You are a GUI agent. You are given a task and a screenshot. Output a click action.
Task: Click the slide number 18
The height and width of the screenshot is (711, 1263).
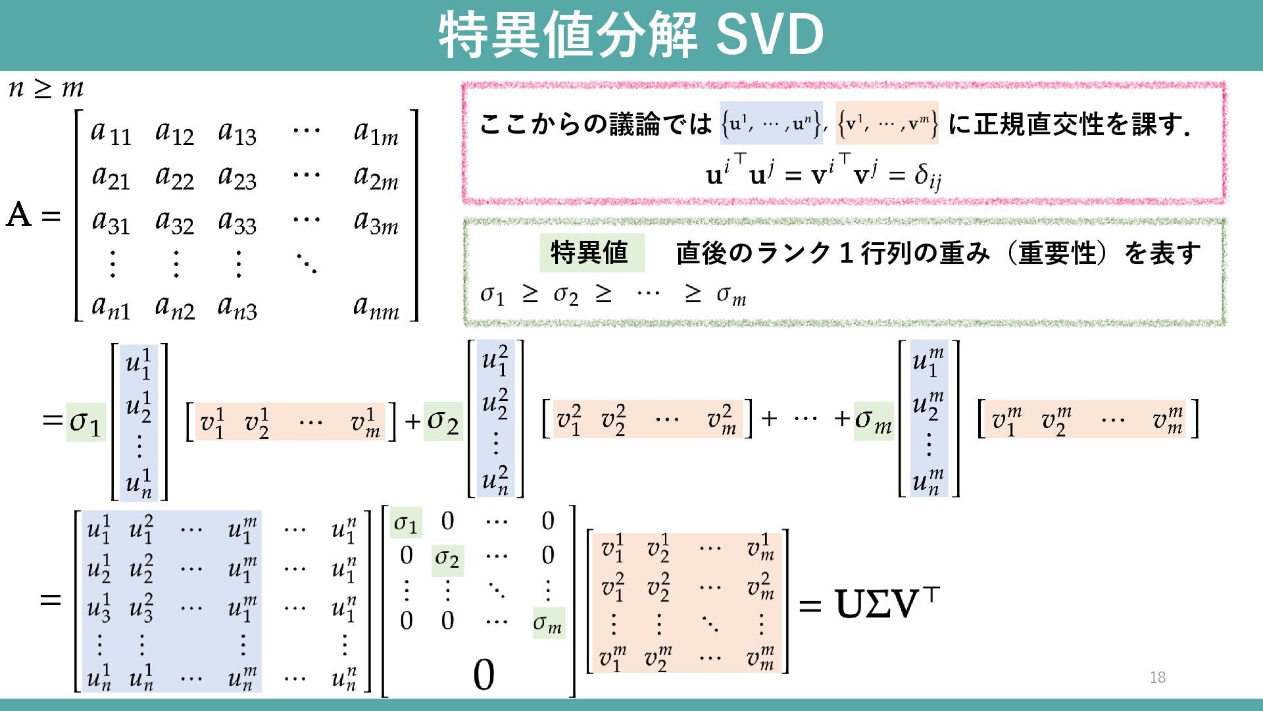(1157, 677)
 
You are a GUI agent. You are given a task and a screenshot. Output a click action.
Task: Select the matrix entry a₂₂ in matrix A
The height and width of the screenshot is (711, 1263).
(174, 177)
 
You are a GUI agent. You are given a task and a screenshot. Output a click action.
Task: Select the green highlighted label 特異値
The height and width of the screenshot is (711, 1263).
(591, 253)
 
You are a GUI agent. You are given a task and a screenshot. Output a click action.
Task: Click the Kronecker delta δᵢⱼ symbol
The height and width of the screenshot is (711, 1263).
(928, 176)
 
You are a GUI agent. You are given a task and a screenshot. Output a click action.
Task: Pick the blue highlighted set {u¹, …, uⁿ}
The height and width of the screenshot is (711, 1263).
(771, 123)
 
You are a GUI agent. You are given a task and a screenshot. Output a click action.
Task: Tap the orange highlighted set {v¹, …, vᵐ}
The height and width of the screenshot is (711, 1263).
(887, 123)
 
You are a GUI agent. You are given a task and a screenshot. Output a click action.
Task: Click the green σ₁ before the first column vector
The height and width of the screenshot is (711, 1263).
(86, 421)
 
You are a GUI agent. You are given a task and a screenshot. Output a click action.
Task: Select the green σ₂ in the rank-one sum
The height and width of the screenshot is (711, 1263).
(443, 421)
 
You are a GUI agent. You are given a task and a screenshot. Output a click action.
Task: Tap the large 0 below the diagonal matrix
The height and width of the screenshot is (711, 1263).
(483, 675)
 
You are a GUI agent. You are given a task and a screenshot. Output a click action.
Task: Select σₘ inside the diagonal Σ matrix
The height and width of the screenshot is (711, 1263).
(547, 623)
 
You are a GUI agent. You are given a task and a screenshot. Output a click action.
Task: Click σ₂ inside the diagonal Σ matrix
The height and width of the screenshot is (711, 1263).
(447, 560)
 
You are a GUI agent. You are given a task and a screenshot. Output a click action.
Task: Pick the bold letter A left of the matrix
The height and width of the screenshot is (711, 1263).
(18, 215)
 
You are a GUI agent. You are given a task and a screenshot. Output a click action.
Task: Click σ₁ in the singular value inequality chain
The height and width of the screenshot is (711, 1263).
(492, 295)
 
